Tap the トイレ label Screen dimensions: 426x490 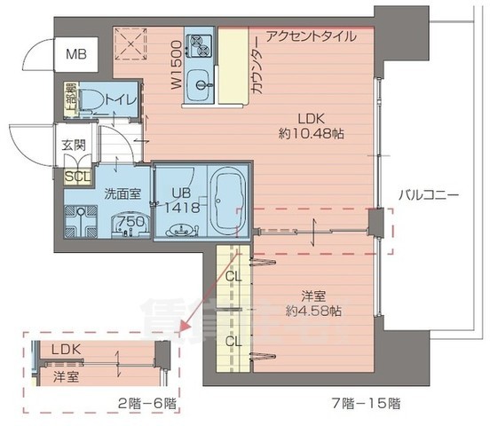[121, 99]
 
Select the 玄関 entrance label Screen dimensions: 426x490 [73, 146]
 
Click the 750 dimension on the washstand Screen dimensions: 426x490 [130, 222]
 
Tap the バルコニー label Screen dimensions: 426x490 [427, 193]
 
